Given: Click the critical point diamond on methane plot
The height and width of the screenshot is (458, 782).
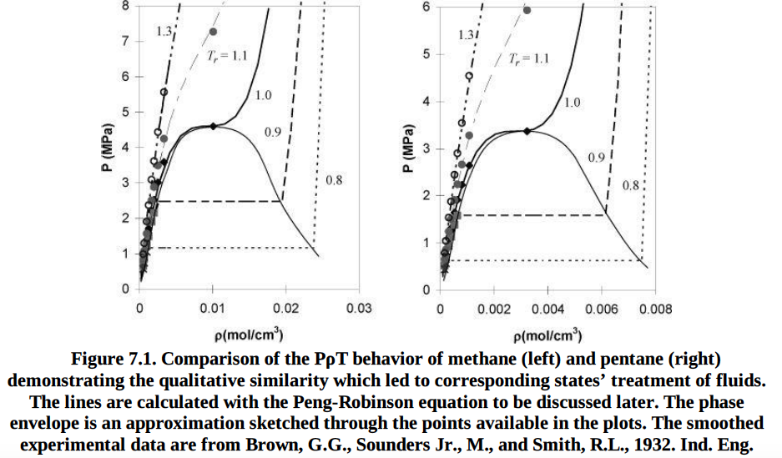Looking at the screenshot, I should tap(214, 126).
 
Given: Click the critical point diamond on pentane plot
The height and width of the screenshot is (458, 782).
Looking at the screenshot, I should tap(527, 131).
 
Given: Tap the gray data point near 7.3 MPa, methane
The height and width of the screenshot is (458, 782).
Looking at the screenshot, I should tap(213, 32).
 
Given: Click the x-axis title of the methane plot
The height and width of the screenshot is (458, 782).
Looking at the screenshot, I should tap(249, 336).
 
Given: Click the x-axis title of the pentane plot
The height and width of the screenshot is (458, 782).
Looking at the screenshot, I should tap(547, 336).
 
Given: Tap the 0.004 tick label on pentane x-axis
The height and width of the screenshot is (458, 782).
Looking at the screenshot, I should tap(547, 309).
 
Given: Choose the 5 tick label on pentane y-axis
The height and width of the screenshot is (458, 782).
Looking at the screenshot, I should tap(424, 54).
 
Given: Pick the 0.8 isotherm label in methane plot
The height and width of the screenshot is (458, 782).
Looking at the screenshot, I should tap(332, 181).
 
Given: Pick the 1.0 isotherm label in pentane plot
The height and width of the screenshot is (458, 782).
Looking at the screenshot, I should tap(573, 103).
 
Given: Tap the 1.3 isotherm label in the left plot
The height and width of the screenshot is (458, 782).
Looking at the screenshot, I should tap(164, 31).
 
